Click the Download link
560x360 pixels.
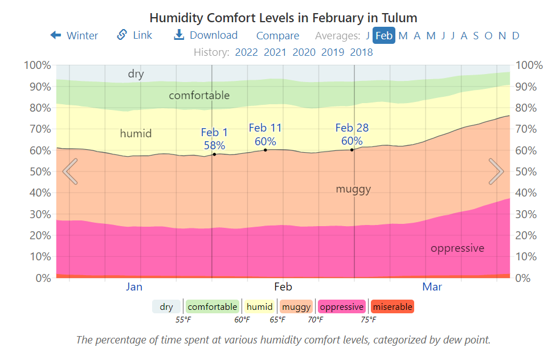click(206, 35)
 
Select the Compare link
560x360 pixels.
click(277, 36)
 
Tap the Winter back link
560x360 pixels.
click(74, 35)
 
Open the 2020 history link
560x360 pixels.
click(304, 52)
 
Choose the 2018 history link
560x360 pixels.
click(361, 52)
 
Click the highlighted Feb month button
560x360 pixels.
click(384, 35)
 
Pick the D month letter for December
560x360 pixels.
click(516, 35)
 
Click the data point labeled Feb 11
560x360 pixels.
click(265, 150)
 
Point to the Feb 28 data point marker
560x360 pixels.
click(352, 150)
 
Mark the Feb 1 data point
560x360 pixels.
click(214, 154)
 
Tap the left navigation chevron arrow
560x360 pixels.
click(70, 171)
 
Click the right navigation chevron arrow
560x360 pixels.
click(496, 171)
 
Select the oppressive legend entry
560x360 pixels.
click(341, 306)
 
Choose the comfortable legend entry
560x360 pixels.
click(212, 306)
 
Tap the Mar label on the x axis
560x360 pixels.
click(432, 287)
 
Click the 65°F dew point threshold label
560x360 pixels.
click(277, 320)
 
